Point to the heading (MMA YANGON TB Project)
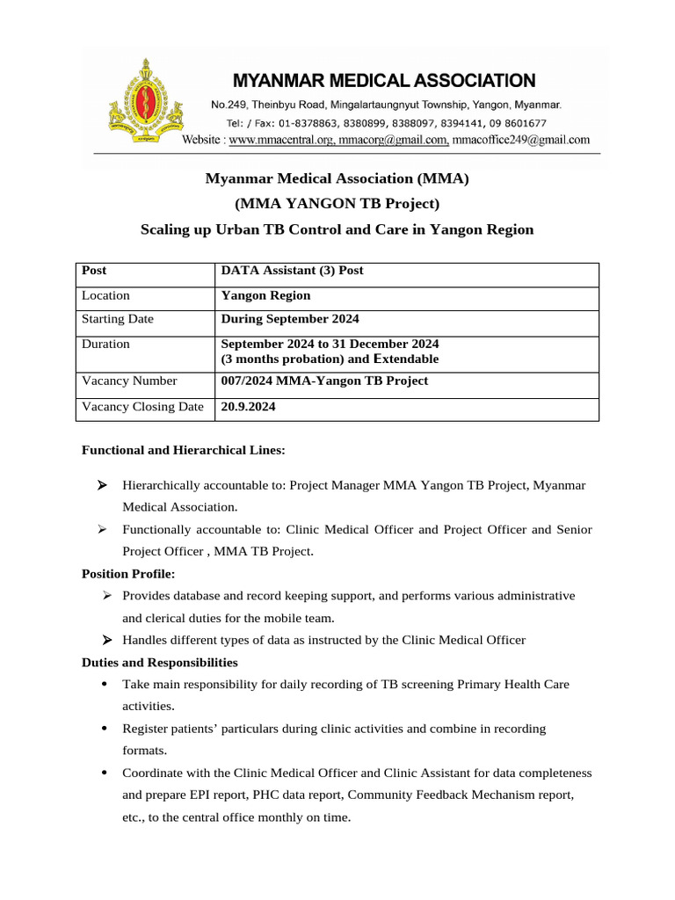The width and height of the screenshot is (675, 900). [x=337, y=204]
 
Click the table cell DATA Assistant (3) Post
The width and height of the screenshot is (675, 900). [x=292, y=271]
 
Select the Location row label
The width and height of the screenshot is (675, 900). [x=105, y=296]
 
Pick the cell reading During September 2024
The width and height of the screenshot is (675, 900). [x=290, y=320]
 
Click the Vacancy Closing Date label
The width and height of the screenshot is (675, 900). [x=142, y=407]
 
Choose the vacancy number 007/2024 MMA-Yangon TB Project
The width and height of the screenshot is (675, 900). [x=324, y=381]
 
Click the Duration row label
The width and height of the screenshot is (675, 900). [x=105, y=345]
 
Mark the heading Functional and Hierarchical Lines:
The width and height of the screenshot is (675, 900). [x=183, y=450]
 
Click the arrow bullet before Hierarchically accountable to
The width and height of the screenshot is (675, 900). [x=103, y=485]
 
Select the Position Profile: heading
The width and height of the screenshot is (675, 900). [x=128, y=574]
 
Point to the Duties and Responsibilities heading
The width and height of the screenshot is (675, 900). [x=159, y=663]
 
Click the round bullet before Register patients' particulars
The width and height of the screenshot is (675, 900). [x=105, y=729]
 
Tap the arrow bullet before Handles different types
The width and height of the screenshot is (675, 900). [x=105, y=640]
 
